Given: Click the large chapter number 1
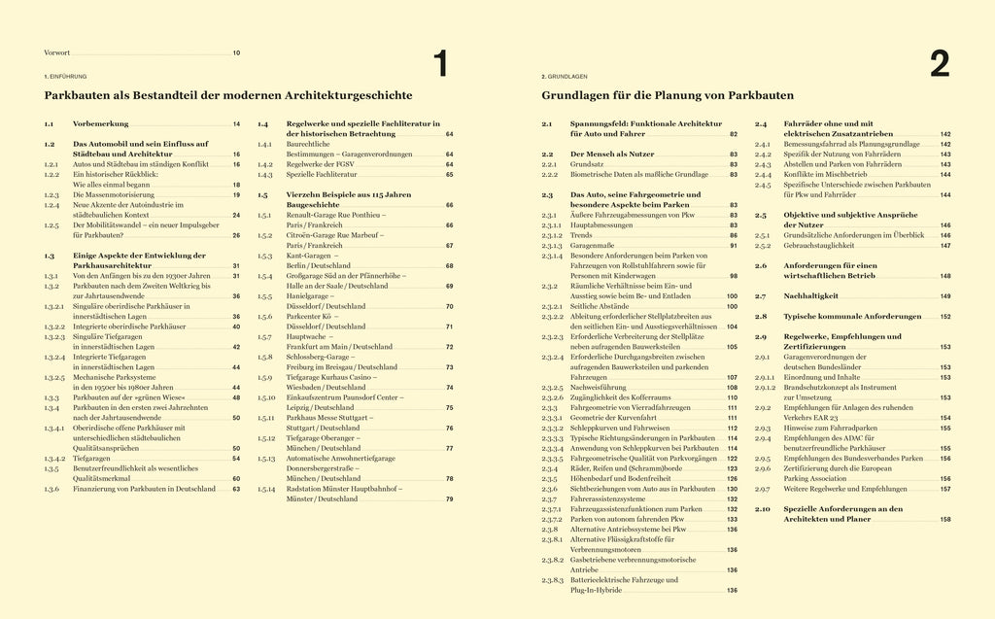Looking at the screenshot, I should (x=440, y=64).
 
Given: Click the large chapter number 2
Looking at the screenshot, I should (x=939, y=64).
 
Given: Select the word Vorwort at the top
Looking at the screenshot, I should (x=58, y=52).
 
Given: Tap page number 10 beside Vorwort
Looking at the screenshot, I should (x=236, y=52).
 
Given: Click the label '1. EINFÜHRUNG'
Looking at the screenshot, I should (x=66, y=76).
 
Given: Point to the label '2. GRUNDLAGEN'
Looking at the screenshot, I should (x=564, y=76).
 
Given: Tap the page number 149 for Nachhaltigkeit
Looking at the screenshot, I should (x=944, y=295).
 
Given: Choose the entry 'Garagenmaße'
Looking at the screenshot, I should (x=593, y=247).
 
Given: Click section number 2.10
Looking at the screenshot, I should (x=763, y=508).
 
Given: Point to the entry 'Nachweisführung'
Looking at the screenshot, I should (x=599, y=387).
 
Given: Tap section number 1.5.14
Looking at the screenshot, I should (x=266, y=489).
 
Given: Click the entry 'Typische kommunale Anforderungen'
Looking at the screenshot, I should (x=839, y=317).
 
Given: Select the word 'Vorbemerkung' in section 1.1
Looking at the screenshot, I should (x=101, y=124).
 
